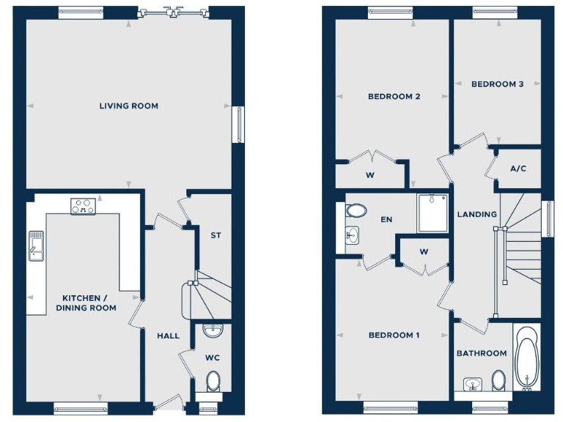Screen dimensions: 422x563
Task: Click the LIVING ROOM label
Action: pos(129,106)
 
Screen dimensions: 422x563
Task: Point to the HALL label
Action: pos(168,336)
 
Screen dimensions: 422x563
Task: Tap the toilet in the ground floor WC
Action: pos(213,381)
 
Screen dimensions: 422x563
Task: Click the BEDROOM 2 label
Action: pos(394,97)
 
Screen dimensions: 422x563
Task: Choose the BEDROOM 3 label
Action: pos(497,84)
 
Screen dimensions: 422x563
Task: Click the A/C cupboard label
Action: pos(518,169)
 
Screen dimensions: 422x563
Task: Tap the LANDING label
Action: pos(477,215)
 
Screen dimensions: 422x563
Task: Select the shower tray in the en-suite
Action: pos(433,212)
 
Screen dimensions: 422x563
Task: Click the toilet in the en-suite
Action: pos(356,211)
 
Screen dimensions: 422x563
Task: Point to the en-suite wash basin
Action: pos(353,236)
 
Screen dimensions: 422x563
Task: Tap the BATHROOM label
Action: pos(482,353)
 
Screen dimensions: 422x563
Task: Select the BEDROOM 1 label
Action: pos(394,336)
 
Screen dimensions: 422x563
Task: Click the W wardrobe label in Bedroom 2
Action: pos(370,175)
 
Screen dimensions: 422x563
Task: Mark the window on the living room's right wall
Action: pos(239,125)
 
